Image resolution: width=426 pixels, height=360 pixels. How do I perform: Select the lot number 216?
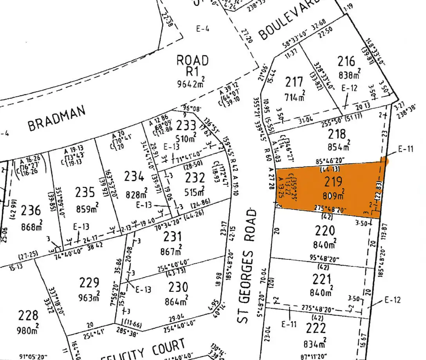pos(347,61)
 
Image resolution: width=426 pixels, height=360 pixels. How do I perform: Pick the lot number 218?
pos(337,134)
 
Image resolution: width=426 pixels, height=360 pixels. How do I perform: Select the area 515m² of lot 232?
pos(195,192)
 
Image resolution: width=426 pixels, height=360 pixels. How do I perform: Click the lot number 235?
pos(85,192)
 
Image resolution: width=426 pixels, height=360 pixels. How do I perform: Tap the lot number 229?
pos(90,282)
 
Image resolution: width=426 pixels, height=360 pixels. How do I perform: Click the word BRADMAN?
pos(57,119)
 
